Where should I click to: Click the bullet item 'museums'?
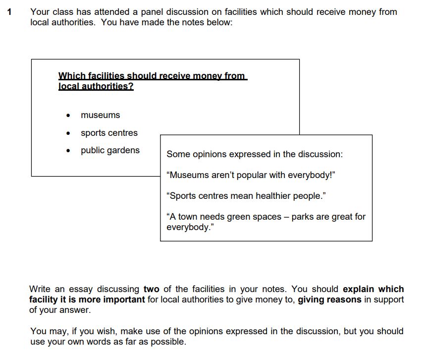pos(100,115)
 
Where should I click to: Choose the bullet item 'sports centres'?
pos(109,133)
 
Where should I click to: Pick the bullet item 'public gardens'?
pos(110,150)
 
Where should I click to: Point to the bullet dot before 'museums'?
pos(68,116)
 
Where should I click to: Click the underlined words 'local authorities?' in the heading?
pos(96,86)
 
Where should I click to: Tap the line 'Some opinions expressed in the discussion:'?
pos(255,154)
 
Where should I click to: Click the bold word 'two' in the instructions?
pos(152,289)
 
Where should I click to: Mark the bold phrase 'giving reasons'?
pos(329,300)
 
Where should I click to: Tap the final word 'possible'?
pos(168,342)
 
